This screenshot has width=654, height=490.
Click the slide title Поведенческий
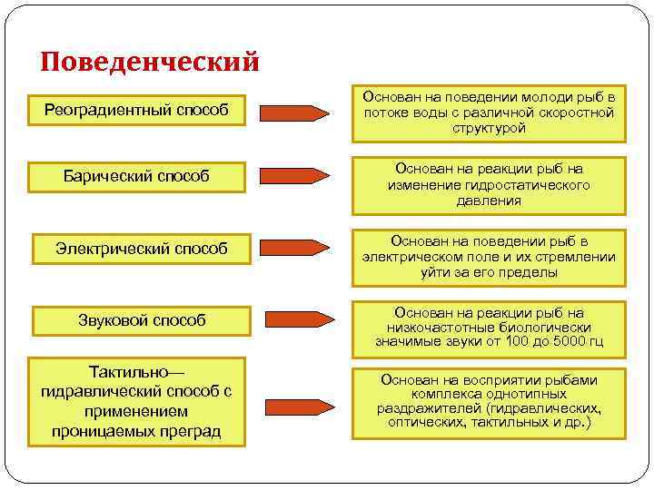[x=150, y=61]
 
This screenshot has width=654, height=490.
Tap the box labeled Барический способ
[x=135, y=176]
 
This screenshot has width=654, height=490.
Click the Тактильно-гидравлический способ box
[x=135, y=401]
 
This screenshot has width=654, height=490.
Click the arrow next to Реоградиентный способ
[x=295, y=113]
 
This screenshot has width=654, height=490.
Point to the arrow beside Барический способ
[x=295, y=174]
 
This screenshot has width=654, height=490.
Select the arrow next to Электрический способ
[x=295, y=247]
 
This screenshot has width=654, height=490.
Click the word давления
[x=489, y=201]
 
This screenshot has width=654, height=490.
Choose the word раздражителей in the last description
[x=423, y=408]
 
